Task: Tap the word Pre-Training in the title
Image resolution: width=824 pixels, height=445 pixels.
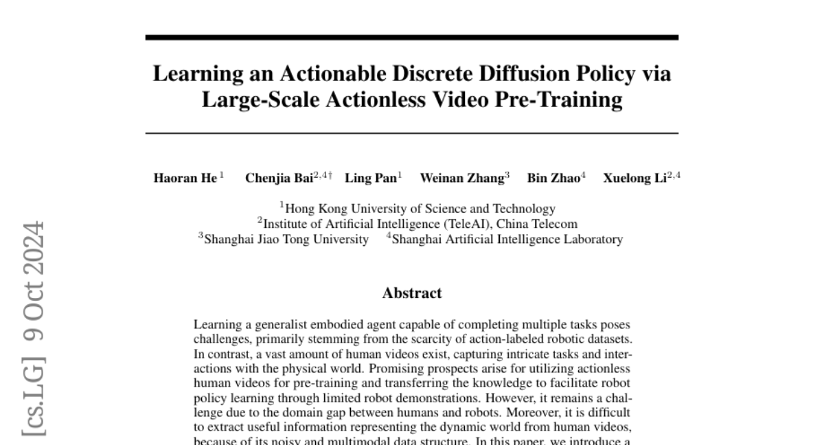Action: pyautogui.click(x=558, y=100)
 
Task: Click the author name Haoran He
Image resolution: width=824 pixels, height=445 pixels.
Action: pyautogui.click(x=184, y=178)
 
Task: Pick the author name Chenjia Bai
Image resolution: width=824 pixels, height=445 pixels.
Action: pyautogui.click(x=279, y=178)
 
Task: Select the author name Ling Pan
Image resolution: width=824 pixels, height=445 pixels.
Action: pyautogui.click(x=369, y=178)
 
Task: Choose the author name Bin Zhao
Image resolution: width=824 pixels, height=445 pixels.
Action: pyautogui.click(x=553, y=178)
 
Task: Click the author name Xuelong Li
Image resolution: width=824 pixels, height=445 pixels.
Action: pyautogui.click(x=637, y=178)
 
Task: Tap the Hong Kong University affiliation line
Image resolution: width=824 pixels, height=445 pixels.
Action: pyautogui.click(x=420, y=208)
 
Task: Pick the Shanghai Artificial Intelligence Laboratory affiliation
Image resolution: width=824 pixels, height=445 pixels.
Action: pyautogui.click(x=507, y=240)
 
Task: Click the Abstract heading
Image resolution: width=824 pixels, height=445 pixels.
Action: pyautogui.click(x=412, y=293)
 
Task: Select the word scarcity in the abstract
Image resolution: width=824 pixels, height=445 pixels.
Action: pyautogui.click(x=423, y=339)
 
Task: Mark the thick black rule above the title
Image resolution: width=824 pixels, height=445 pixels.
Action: pyautogui.click(x=412, y=37)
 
